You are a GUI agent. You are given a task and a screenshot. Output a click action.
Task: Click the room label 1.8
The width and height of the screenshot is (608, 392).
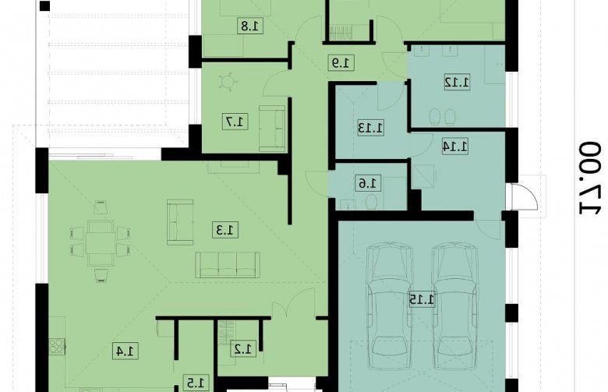[x=250, y=26]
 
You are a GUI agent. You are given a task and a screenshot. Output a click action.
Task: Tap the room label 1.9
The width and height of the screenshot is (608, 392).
[x=341, y=62]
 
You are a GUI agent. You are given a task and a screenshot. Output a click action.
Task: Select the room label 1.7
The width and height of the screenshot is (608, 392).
[x=235, y=122]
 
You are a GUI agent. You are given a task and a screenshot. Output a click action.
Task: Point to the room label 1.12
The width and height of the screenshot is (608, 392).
[x=457, y=82]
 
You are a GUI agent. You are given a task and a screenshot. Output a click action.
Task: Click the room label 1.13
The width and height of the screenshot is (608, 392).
[x=371, y=128]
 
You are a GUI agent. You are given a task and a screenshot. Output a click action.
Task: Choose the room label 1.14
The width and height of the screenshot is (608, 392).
[x=455, y=147]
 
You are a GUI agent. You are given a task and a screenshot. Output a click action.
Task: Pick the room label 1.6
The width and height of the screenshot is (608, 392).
[x=368, y=183]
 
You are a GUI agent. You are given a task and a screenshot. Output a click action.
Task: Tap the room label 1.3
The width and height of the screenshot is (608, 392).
[x=225, y=231]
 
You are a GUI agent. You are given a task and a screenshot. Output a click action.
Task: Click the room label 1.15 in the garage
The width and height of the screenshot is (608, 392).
[x=422, y=300]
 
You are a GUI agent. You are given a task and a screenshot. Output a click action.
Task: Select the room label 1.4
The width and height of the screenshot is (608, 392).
[x=125, y=351]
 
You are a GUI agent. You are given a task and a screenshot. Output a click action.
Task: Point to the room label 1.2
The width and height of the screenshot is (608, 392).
[x=243, y=349]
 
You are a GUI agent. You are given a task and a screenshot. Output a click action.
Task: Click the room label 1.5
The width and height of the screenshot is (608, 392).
[x=196, y=383]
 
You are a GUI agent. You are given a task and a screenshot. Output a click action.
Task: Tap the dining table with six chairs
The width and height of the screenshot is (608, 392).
[x=101, y=242]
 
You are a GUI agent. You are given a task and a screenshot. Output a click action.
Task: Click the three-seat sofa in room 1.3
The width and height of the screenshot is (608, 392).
[x=228, y=265]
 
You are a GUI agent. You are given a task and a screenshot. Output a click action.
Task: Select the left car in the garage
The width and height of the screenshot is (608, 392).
[x=389, y=305]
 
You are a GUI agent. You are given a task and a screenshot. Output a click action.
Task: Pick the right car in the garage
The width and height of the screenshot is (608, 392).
[x=454, y=305]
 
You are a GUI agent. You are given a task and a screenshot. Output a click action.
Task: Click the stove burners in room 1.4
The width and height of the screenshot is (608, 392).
[x=57, y=346]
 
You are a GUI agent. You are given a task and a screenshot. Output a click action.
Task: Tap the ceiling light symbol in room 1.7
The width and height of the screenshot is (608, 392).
[x=228, y=81]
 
